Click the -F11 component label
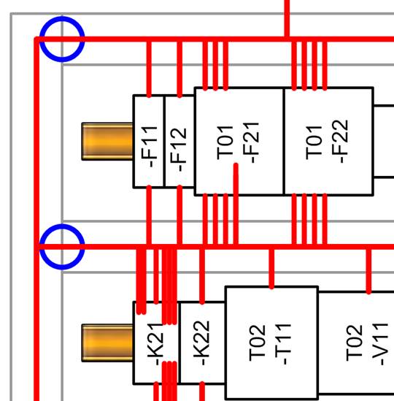click(x=149, y=147)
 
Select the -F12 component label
click(x=179, y=149)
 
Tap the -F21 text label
click(x=251, y=142)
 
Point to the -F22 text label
click(x=340, y=142)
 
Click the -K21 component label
click(x=155, y=344)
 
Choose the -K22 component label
click(x=201, y=343)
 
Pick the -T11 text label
click(x=283, y=344)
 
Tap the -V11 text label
click(x=380, y=344)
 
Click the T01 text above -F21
click(x=225, y=142)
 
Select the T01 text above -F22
click(x=314, y=142)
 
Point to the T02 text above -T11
click(x=258, y=343)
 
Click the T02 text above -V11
click(x=355, y=343)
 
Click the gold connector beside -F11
click(x=107, y=142)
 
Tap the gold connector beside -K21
click(x=107, y=343)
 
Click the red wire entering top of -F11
click(x=149, y=69)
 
